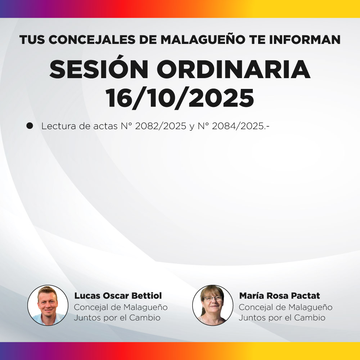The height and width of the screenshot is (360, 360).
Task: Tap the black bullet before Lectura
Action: (x=30, y=126)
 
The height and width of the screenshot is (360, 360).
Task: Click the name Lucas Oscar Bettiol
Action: (x=118, y=296)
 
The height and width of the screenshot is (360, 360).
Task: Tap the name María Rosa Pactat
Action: (x=279, y=296)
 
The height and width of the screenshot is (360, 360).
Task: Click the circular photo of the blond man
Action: (x=48, y=305)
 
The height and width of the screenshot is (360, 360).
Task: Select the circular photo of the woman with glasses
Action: (x=213, y=305)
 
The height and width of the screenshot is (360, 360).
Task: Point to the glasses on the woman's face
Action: (x=213, y=298)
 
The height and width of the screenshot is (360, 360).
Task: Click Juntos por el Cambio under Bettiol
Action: (x=117, y=318)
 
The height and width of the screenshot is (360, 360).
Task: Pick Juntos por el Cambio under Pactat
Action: (x=282, y=318)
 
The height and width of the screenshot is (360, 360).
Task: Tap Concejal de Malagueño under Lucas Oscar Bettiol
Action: (x=121, y=307)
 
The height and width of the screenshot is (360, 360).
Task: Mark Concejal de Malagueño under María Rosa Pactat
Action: (x=285, y=307)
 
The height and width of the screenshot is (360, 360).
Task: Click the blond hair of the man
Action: (x=48, y=291)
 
